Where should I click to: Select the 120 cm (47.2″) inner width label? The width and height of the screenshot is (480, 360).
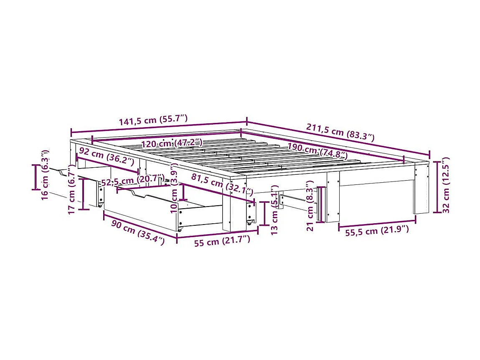[171, 143]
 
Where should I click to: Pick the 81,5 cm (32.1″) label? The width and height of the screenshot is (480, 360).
[222, 184]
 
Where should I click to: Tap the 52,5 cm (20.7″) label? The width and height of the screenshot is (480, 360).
[132, 182]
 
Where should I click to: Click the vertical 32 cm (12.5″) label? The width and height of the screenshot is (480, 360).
[447, 185]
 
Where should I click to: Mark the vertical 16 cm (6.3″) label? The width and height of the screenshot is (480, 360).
[46, 174]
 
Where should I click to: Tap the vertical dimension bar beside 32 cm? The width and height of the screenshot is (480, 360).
[437, 186]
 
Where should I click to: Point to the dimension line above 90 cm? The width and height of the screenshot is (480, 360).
[140, 226]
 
